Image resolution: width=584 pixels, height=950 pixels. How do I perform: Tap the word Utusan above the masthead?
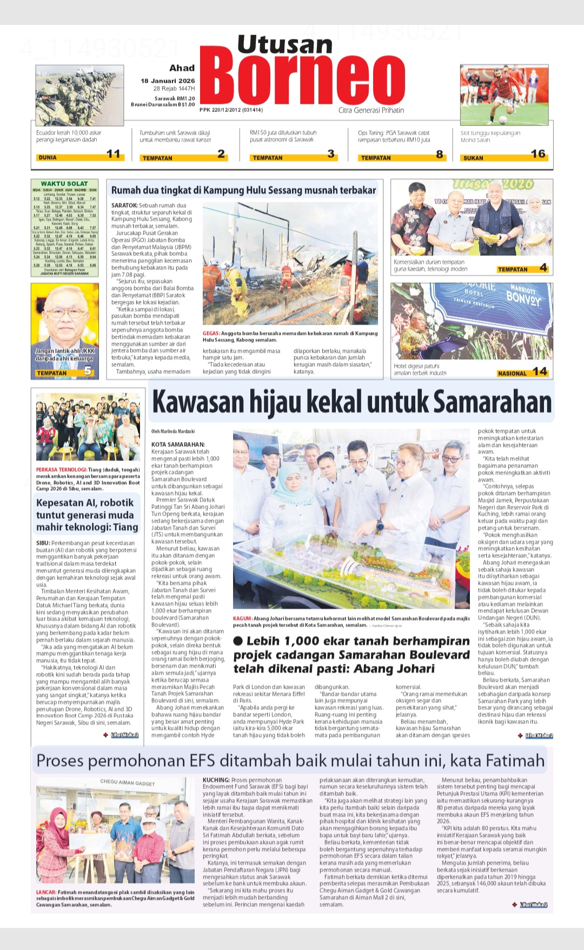click(x=284, y=44)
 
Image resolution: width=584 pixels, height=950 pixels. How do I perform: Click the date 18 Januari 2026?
click(x=168, y=81)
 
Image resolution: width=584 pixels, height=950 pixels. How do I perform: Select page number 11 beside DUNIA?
click(x=114, y=154)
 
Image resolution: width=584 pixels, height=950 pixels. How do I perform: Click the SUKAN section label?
click(x=473, y=158)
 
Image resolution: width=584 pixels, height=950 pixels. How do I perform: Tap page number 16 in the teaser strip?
click(x=537, y=154)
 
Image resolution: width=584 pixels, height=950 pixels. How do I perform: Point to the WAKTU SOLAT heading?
click(x=64, y=184)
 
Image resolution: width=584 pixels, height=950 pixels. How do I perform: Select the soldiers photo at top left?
click(x=79, y=96)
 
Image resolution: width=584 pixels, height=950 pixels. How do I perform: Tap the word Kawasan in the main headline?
click(x=198, y=403)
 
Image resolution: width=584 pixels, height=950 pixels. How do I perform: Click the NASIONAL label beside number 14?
click(x=512, y=373)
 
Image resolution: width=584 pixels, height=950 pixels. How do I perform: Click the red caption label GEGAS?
click(x=211, y=333)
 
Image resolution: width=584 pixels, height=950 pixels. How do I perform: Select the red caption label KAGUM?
click(x=242, y=618)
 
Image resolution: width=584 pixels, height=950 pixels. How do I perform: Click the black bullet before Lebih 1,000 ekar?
click(x=238, y=641)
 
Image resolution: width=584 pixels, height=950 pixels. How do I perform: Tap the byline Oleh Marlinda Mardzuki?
click(x=173, y=431)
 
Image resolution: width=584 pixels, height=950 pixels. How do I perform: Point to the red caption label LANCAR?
click(x=46, y=892)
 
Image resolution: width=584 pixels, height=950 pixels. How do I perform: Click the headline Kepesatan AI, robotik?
click(x=84, y=503)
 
